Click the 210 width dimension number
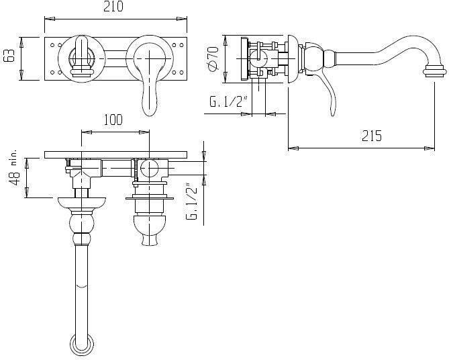[113, 7]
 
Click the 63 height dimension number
[10, 56]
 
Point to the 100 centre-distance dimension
[113, 120]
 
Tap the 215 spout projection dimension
[372, 136]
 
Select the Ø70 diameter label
[213, 58]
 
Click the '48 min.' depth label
[14, 168]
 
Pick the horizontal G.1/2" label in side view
[228, 101]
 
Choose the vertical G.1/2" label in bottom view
[192, 201]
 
